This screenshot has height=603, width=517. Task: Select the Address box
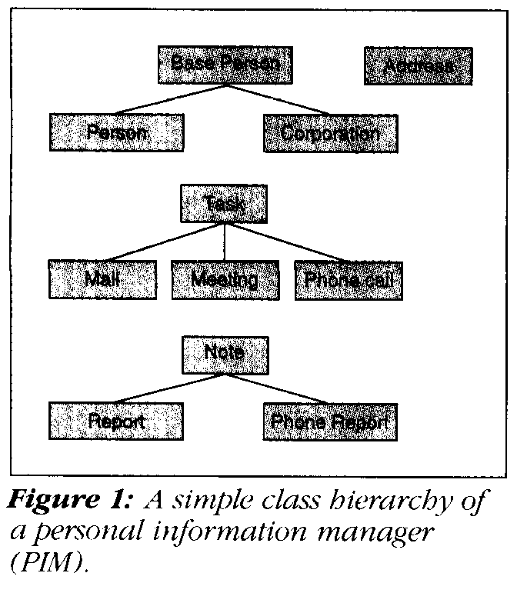click(x=418, y=66)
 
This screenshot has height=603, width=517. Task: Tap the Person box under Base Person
click(x=117, y=132)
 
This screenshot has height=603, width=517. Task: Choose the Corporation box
click(x=330, y=132)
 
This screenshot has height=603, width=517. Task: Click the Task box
click(x=224, y=203)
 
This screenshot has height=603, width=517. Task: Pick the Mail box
click(x=102, y=278)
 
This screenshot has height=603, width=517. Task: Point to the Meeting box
click(x=225, y=278)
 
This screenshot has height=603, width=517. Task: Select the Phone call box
click(x=349, y=278)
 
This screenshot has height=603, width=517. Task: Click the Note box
click(x=224, y=352)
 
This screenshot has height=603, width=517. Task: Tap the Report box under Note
click(x=117, y=421)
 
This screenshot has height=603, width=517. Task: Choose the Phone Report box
click(x=330, y=421)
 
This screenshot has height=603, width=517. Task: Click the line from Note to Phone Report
click(x=281, y=387)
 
